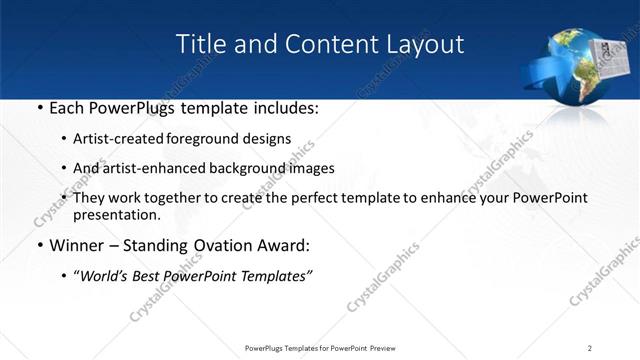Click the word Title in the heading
click(199, 44)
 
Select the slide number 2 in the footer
click(590, 347)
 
